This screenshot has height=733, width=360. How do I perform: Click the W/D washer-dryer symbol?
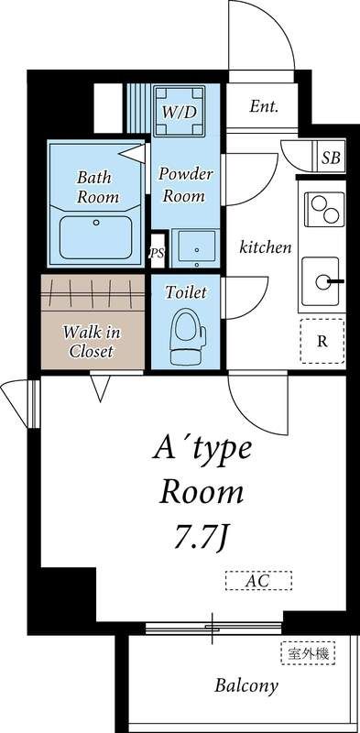180,111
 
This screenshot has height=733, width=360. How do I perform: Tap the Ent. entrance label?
264,106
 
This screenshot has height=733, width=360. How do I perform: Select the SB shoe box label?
331,158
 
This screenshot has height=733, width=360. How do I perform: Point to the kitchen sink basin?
321,281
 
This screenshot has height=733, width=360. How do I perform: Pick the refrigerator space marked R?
322,341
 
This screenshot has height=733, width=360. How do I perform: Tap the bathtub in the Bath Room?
96,237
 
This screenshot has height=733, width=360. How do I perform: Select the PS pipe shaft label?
157,253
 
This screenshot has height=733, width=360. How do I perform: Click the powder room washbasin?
194,248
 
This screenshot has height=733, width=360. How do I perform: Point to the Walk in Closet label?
93,342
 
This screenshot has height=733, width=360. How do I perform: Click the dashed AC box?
258,581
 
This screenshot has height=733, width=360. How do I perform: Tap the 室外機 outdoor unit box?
308,652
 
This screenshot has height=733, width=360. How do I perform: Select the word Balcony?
246,685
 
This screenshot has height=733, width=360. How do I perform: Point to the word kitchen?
266,246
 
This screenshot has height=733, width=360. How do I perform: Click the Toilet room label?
186,292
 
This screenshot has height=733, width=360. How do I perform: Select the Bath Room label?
98,187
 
